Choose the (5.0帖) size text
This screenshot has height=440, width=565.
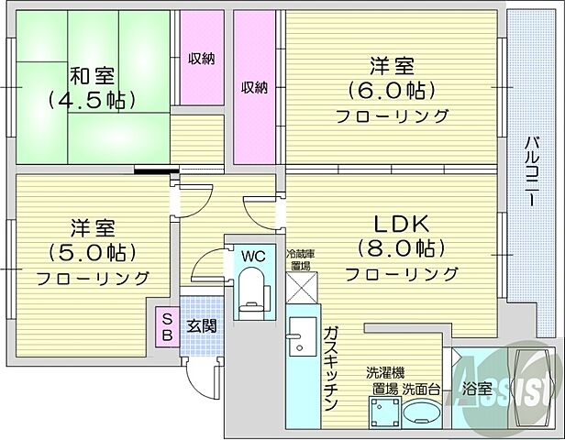tap(93, 251)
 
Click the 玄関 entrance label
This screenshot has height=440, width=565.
tap(203, 324)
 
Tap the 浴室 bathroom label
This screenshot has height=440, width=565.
tap(476, 389)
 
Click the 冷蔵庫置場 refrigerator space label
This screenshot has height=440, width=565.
tap(299, 259)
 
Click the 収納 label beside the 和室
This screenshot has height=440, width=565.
tap(202, 59)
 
